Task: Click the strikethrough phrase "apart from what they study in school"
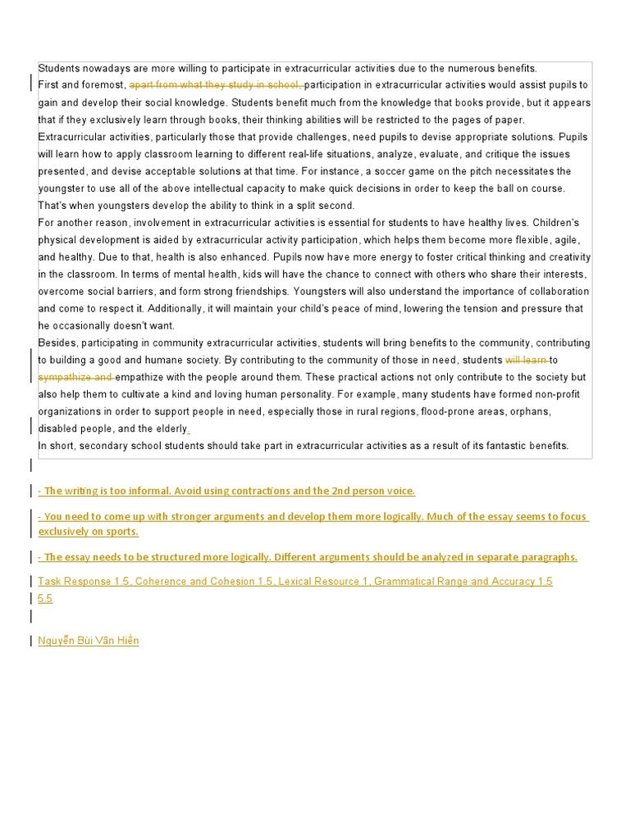pyautogui.click(x=215, y=85)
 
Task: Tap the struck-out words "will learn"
pyautogui.click(x=526, y=360)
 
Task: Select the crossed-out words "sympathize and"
pyautogui.click(x=75, y=377)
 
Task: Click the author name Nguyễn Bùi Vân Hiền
pyautogui.click(x=89, y=641)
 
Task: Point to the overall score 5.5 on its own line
pyautogui.click(x=45, y=599)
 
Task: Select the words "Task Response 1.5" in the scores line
pyautogui.click(x=84, y=582)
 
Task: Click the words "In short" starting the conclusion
pyautogui.click(x=57, y=446)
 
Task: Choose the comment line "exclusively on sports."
pyautogui.click(x=89, y=532)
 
